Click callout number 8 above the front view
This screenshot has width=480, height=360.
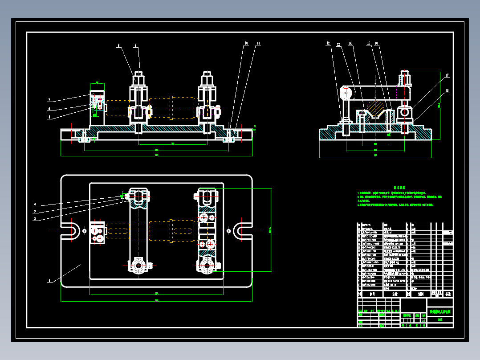(119, 45)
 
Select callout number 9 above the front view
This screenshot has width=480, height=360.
(136, 45)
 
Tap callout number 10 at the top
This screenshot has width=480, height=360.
(245, 44)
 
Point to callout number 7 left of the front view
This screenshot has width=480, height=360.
(49, 100)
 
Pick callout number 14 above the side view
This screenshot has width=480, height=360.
(350, 44)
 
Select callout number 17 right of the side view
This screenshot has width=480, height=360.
(447, 75)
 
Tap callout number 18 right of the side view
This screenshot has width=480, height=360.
(447, 91)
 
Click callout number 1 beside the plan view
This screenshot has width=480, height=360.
(49, 281)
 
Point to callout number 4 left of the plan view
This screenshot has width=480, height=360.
(35, 205)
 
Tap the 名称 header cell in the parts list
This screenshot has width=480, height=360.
(395, 294)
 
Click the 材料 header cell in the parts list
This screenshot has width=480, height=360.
(420, 294)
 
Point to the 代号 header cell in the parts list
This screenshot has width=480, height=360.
(373, 294)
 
